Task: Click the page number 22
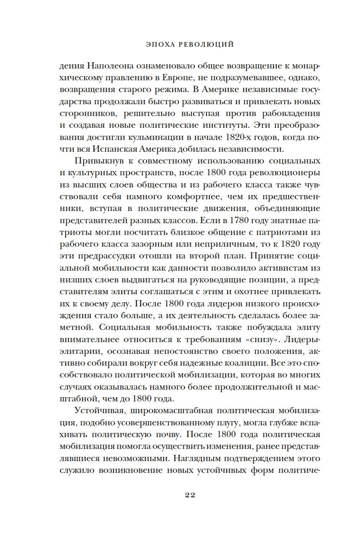pos(190,495)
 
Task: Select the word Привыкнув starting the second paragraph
pos(98,161)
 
